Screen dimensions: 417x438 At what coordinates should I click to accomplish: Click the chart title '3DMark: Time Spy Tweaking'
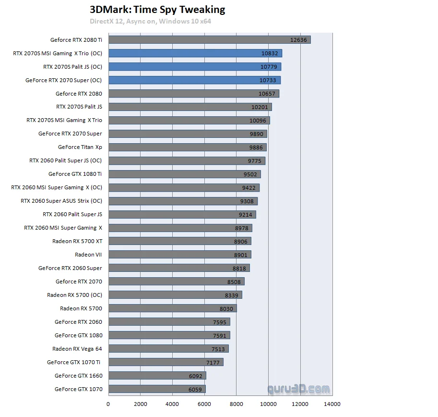(x=157, y=10)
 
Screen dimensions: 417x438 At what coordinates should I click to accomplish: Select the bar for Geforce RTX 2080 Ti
(x=209, y=40)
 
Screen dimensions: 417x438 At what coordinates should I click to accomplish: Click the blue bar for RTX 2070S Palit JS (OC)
(x=194, y=67)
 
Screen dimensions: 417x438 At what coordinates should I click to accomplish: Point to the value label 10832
(x=270, y=53)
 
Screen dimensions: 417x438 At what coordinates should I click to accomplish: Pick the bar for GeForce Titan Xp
(x=187, y=147)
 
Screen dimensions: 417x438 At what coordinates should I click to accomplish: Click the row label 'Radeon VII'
(x=88, y=255)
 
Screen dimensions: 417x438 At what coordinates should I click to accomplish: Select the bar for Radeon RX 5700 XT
(x=179, y=241)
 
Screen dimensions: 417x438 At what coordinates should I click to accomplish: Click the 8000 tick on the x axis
(x=236, y=404)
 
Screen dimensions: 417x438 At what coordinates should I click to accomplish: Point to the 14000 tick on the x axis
(x=332, y=404)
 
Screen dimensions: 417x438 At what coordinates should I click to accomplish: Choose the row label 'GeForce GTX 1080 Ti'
(x=75, y=174)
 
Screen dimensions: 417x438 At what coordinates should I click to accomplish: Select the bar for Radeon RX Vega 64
(x=168, y=349)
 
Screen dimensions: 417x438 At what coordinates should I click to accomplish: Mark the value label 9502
(x=250, y=174)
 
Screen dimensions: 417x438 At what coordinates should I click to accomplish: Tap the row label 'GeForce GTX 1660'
(x=78, y=376)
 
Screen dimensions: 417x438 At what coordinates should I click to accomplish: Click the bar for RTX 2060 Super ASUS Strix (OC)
(x=183, y=201)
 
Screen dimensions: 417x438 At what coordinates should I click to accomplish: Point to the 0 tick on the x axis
(x=108, y=404)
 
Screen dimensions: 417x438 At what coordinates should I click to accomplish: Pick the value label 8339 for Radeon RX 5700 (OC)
(x=231, y=295)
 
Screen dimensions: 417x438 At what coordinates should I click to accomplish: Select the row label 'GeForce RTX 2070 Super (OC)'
(x=64, y=80)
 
